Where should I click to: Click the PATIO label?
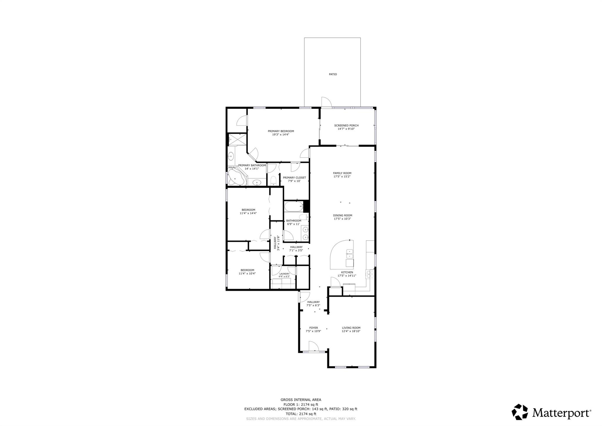click(x=333, y=74)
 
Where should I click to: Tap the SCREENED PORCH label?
click(x=346, y=125)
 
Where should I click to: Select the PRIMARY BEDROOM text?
click(x=281, y=131)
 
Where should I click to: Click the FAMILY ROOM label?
click(x=342, y=173)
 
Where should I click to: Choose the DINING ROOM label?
click(x=343, y=216)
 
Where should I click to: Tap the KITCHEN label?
click(x=347, y=272)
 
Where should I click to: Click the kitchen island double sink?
click(x=350, y=254)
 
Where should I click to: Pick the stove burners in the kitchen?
click(x=369, y=274)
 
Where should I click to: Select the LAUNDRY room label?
click(x=284, y=274)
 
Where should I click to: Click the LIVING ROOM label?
click(x=351, y=328)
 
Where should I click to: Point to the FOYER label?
click(x=314, y=328)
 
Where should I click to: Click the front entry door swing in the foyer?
click(x=314, y=346)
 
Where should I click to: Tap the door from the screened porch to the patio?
click(x=326, y=102)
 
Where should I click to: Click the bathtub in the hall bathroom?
click(x=294, y=206)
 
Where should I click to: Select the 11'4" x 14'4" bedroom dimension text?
click(x=248, y=213)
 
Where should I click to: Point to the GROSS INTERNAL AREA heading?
click(x=301, y=400)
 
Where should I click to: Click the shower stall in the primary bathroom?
click(x=238, y=140)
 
